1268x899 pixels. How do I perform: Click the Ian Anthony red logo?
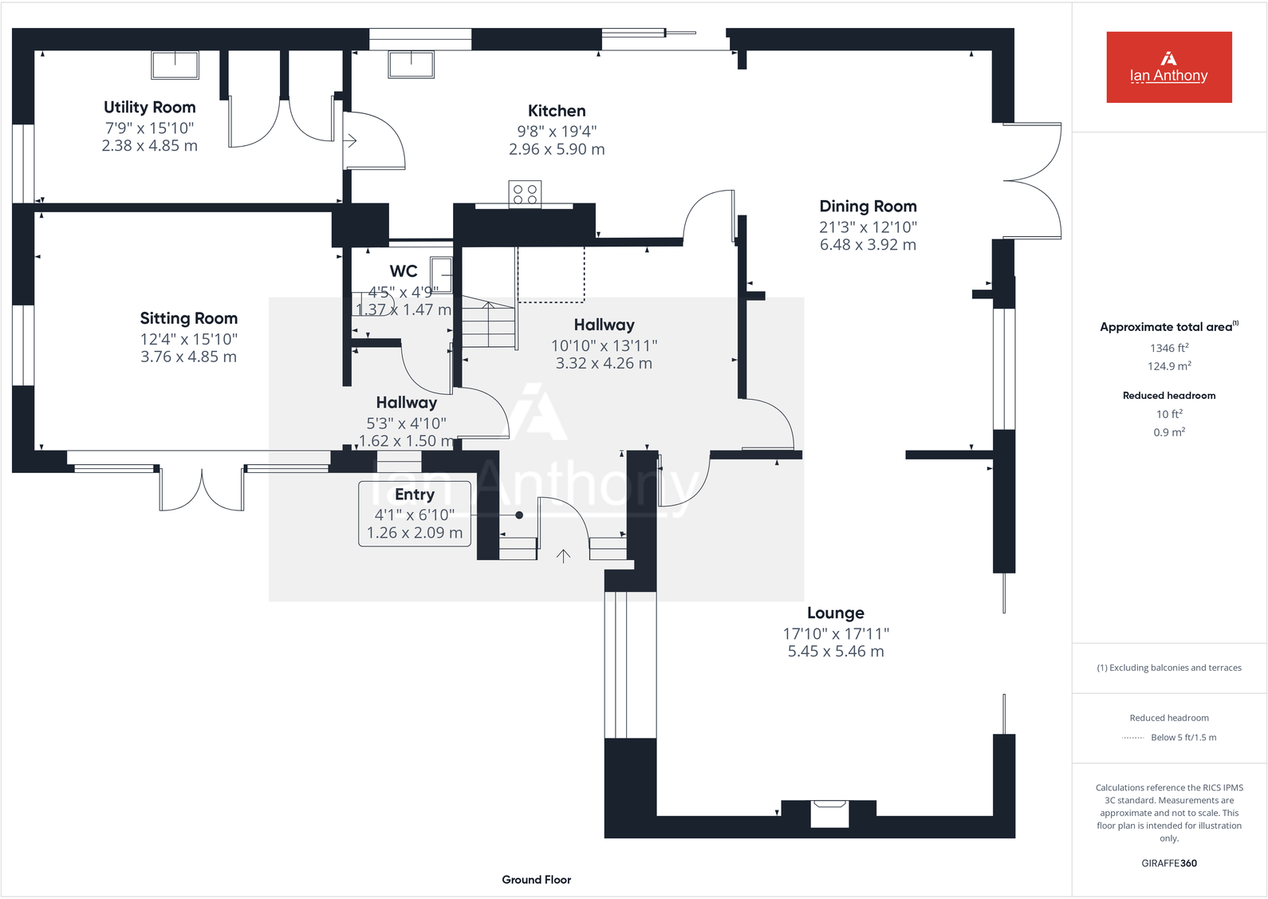point(1168,67)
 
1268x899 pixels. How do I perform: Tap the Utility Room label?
point(150,107)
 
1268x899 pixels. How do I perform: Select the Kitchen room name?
point(557,111)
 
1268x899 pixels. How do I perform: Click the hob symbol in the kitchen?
point(525,194)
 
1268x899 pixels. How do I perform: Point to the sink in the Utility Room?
point(175,65)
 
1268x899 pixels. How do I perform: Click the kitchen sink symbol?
point(411,64)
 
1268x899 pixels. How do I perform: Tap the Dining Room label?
point(868,206)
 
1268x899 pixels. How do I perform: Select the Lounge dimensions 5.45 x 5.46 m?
point(836,652)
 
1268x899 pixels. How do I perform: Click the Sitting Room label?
point(189,318)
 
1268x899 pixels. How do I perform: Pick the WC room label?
point(404,271)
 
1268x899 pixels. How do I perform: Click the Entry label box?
point(415,514)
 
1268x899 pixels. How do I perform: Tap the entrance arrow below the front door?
point(563,556)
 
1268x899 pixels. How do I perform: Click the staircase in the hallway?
point(489,323)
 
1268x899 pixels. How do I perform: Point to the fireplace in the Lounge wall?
point(829,813)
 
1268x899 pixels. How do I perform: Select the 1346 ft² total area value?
point(1169,348)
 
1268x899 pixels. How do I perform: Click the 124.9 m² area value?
point(1169,366)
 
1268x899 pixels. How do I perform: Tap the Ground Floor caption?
point(536,879)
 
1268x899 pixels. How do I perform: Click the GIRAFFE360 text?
point(1169,863)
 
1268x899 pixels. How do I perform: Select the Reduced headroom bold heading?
point(1169,396)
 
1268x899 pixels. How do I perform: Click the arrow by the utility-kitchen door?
point(350,141)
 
